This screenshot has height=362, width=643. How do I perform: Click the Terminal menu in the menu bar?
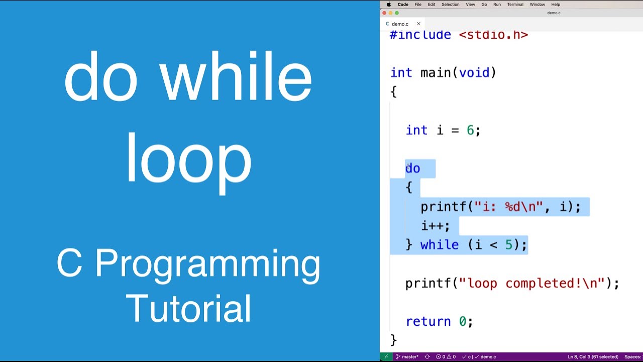tap(515, 5)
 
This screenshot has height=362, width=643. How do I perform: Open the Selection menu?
tap(450, 5)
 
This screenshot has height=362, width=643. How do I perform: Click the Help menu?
tap(556, 5)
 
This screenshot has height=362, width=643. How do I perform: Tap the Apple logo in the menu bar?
tap(389, 5)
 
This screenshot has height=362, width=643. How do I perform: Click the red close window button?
tap(384, 13)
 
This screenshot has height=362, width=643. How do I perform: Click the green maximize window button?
tap(397, 13)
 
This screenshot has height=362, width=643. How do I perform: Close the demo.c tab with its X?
tap(418, 24)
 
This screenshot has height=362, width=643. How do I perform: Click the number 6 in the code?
tap(470, 131)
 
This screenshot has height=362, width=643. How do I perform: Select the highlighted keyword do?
tap(412, 168)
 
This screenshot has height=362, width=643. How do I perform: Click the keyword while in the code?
tap(439, 245)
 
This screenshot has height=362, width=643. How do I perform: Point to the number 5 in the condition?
tap(508, 245)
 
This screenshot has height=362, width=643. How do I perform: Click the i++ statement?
tap(435, 226)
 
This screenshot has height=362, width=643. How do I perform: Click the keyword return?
tap(428, 321)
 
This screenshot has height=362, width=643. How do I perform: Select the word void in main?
tap(474, 73)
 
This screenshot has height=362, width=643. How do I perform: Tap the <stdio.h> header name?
tap(493, 35)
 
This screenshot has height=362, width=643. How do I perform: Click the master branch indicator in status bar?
tap(407, 357)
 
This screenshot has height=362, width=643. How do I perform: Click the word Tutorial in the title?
tap(188, 308)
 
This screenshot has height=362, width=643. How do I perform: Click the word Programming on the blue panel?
tap(207, 264)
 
